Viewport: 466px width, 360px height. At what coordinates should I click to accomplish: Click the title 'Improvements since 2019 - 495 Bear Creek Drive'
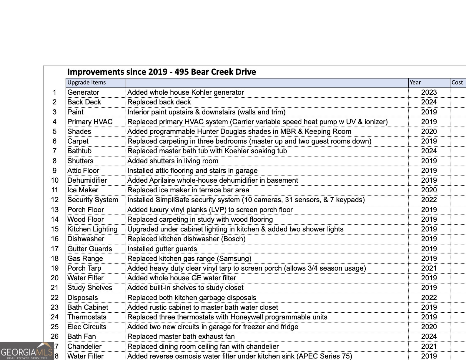[162, 72]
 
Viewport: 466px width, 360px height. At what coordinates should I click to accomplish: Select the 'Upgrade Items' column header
[86, 83]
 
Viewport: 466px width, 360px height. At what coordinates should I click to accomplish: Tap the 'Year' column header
[415, 83]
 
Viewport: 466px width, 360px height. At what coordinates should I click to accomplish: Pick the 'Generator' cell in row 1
[83, 92]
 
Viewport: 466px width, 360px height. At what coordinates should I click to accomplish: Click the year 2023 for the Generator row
[429, 92]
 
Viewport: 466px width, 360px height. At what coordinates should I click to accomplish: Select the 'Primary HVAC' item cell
[90, 122]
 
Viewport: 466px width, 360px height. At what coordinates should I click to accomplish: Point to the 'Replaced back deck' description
[159, 102]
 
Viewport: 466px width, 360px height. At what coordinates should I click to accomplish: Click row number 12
[55, 200]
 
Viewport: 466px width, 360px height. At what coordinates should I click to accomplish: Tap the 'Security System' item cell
[93, 200]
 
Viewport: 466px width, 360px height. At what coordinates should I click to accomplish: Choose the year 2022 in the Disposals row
[429, 298]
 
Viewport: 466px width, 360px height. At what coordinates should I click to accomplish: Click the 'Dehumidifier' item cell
[87, 180]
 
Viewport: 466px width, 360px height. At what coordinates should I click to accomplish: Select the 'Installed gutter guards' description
[162, 249]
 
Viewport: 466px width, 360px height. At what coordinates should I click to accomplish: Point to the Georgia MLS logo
[26, 351]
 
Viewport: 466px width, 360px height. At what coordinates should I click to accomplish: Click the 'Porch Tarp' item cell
[84, 268]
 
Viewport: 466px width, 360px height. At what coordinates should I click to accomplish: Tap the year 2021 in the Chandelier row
[429, 346]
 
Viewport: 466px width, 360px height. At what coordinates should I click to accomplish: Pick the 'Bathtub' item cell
[79, 151]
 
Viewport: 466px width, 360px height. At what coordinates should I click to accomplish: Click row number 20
[55, 278]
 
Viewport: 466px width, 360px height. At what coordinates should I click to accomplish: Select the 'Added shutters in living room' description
[173, 161]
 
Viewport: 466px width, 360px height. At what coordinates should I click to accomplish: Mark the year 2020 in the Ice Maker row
[429, 190]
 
